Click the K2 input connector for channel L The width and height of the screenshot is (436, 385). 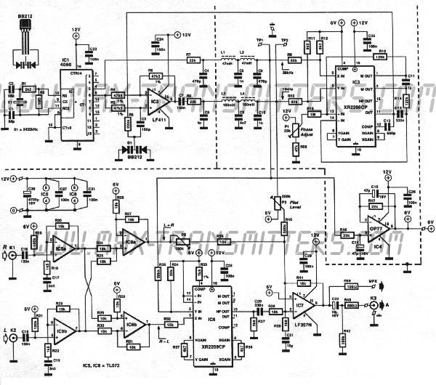click(13, 336)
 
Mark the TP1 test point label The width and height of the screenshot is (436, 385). click(259, 38)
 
